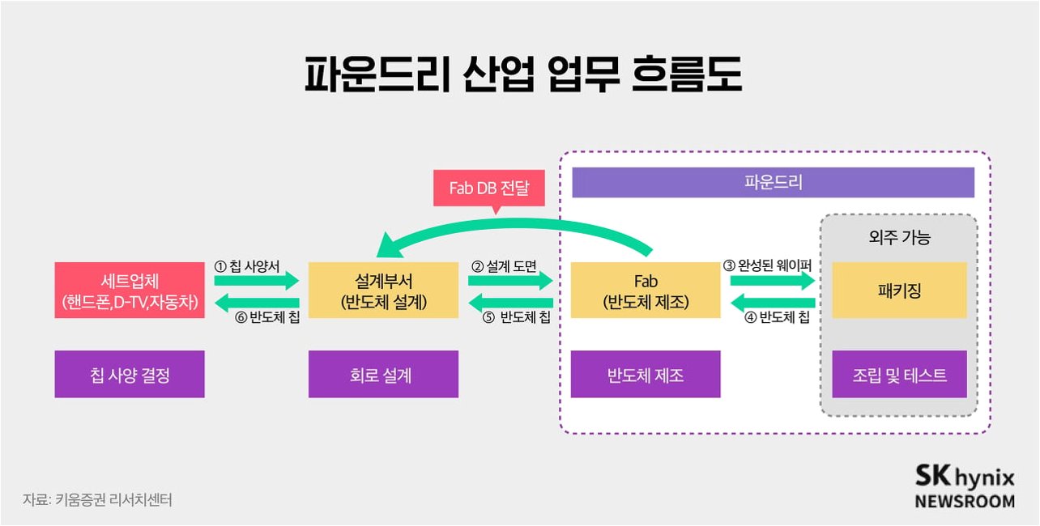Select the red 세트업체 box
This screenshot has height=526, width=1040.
click(130, 290)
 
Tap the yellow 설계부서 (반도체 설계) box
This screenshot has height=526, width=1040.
click(383, 290)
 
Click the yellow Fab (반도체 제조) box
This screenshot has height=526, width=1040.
click(646, 290)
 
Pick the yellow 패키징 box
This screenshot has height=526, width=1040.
click(899, 290)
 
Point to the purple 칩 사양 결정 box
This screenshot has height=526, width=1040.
click(130, 374)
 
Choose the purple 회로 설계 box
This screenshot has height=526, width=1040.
click(383, 374)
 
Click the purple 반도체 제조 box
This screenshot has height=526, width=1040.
click(646, 374)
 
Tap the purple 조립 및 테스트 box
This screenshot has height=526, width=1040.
click(899, 374)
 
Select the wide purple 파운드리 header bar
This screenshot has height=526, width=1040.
click(773, 182)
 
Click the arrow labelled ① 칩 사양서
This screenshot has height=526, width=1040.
click(257, 281)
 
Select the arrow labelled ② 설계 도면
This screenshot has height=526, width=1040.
click(510, 281)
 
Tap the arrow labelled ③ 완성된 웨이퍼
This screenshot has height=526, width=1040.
click(772, 281)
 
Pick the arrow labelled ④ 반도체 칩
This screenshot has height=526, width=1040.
click(772, 303)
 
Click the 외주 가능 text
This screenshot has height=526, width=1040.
click(899, 238)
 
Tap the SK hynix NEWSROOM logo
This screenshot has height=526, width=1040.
click(964, 486)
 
